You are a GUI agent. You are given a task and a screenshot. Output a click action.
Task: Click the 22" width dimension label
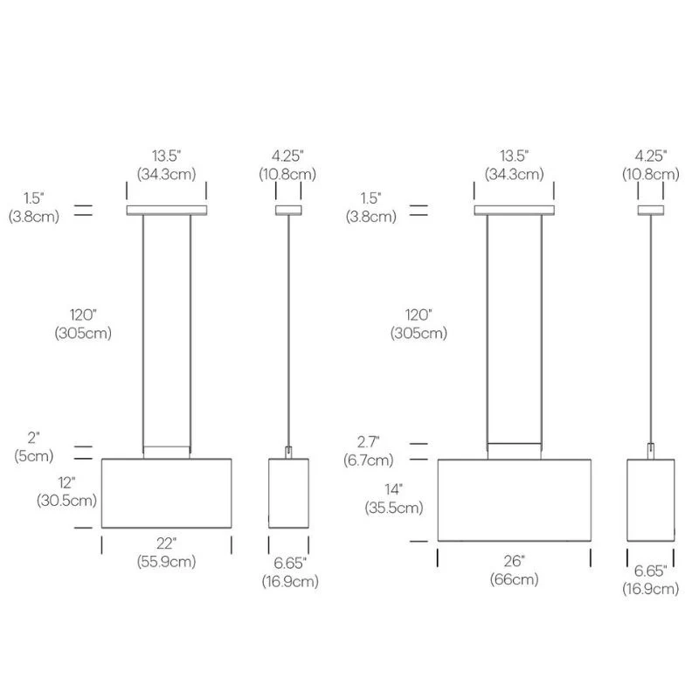(166, 543)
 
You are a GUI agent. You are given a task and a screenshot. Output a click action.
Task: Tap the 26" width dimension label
(514, 561)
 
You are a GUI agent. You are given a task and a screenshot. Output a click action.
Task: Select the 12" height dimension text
(66, 482)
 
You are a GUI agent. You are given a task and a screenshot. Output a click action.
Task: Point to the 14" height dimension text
(394, 489)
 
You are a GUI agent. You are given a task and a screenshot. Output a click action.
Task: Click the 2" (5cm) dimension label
(33, 447)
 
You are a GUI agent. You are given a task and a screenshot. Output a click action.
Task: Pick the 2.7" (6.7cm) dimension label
(368, 451)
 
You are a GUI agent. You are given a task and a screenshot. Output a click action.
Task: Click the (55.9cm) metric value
(166, 561)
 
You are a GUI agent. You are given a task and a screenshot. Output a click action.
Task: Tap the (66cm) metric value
(514, 579)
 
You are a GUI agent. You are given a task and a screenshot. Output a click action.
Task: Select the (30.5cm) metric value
(66, 500)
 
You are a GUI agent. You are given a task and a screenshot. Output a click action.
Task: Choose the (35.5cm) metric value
(394, 508)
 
